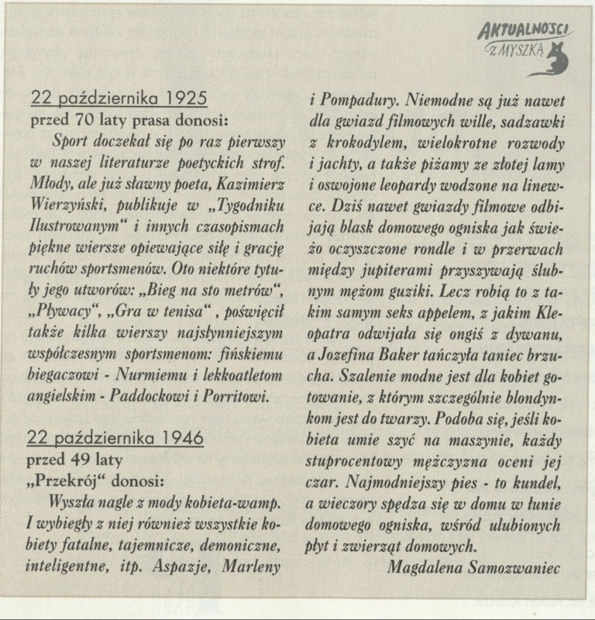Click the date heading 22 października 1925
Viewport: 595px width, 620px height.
pyautogui.click(x=119, y=98)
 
